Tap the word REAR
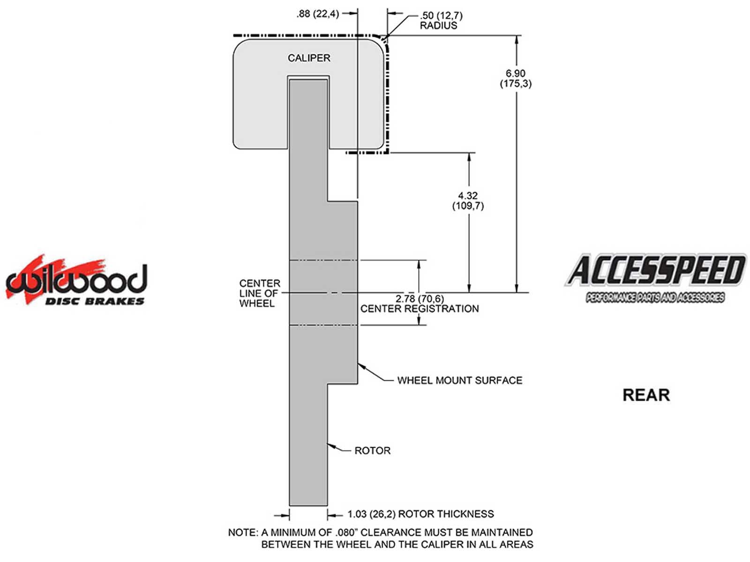[646, 395]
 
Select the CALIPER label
[309, 58]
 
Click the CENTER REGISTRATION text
[420, 309]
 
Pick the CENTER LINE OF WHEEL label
[259, 293]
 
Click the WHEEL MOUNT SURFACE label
[459, 380]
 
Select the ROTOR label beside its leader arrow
[372, 451]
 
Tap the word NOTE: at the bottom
[242, 532]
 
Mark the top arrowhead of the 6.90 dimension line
[517, 40]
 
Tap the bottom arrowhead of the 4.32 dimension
[469, 288]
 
